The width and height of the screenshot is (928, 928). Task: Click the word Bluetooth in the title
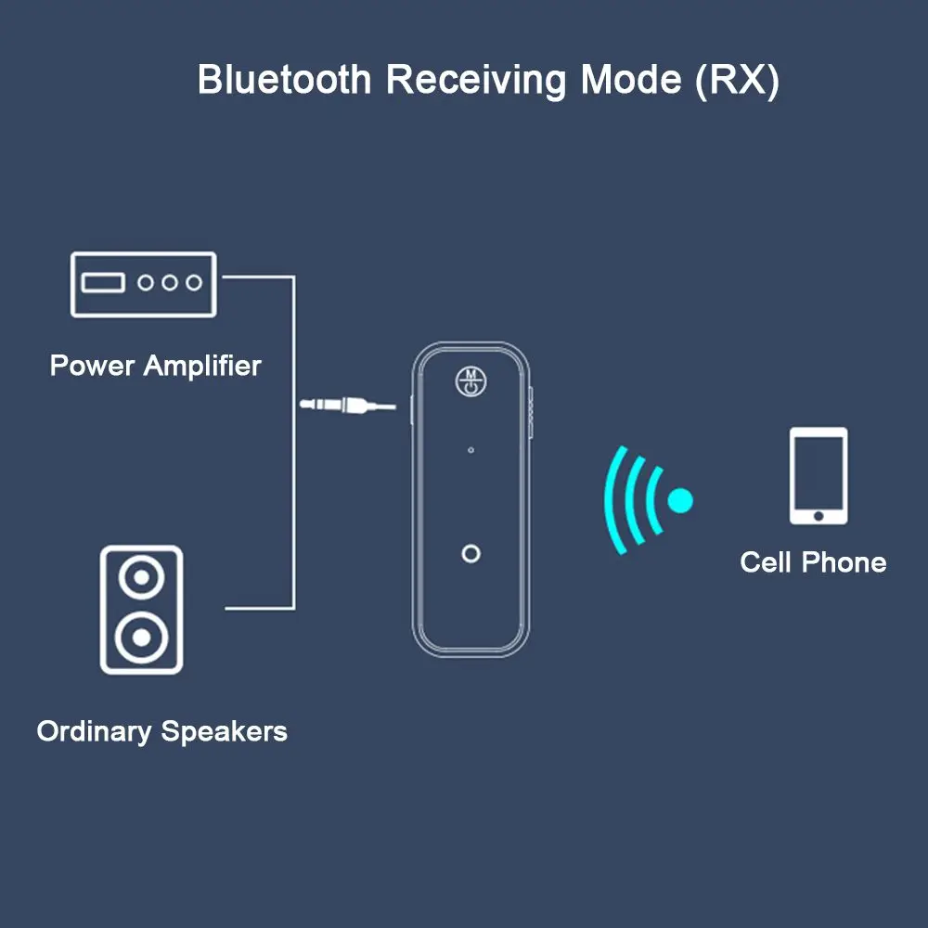click(284, 80)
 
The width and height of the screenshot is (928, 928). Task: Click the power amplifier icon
click(143, 283)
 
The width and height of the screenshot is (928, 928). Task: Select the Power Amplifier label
click(155, 365)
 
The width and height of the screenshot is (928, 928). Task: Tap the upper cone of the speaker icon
click(141, 579)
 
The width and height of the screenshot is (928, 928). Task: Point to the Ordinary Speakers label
click(161, 731)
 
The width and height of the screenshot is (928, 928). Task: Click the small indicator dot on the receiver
click(471, 450)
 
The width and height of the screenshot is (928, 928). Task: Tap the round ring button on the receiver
click(471, 554)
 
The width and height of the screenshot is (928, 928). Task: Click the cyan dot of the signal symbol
click(680, 501)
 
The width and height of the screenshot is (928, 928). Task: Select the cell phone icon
click(818, 475)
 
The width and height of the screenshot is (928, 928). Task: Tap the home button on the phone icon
click(818, 514)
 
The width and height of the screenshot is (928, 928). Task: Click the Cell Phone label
click(813, 561)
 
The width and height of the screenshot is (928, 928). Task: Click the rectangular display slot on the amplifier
click(102, 282)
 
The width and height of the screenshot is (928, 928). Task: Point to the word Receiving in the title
click(475, 81)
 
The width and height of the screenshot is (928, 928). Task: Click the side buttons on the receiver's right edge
click(532, 408)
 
